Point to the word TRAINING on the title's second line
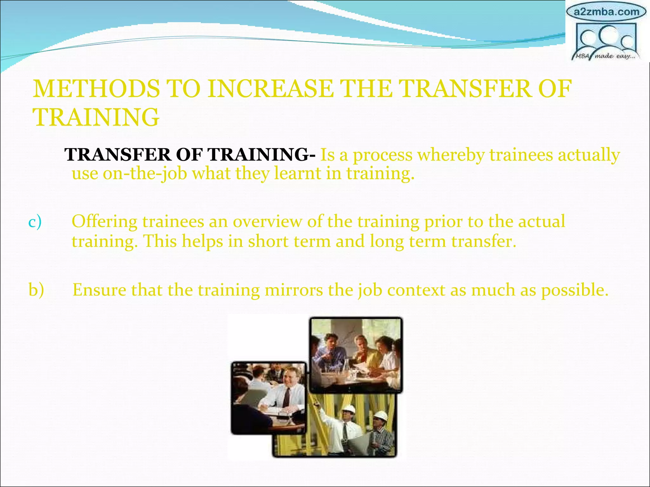click(x=96, y=117)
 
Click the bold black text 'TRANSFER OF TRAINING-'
click(x=190, y=155)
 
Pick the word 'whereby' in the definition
click(x=451, y=155)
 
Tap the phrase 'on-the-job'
click(x=145, y=173)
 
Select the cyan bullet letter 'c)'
click(x=35, y=221)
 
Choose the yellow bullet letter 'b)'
click(x=36, y=290)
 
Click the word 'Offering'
click(x=104, y=222)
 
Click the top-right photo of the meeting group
click(x=356, y=355)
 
